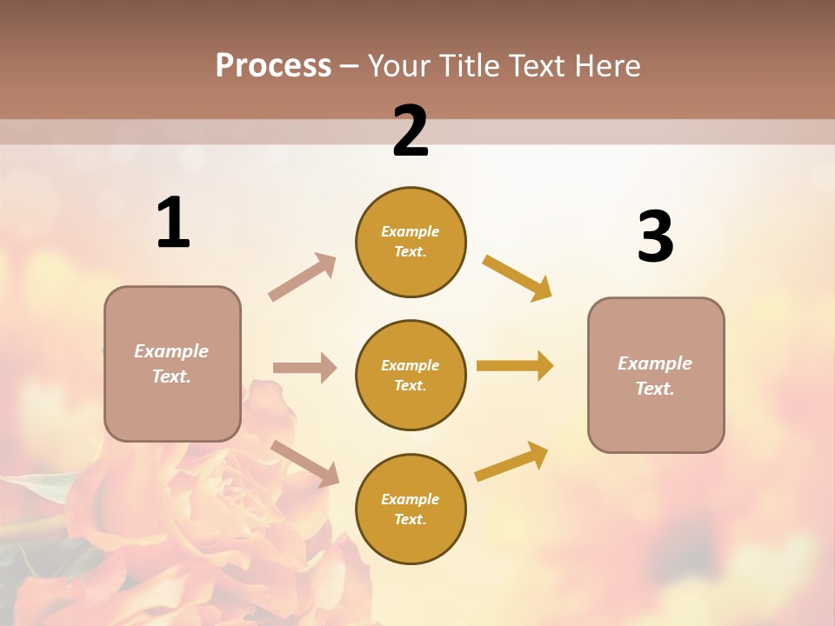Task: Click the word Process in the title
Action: (x=273, y=65)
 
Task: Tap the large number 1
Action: (x=173, y=223)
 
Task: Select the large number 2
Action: (x=411, y=131)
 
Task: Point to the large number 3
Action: (x=655, y=236)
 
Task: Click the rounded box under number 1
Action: (x=172, y=363)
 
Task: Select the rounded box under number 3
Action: (x=656, y=375)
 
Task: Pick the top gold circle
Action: (x=411, y=242)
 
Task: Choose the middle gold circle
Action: (x=411, y=375)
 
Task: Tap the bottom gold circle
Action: (x=411, y=509)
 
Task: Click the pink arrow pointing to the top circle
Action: (x=303, y=276)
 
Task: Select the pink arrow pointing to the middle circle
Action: (x=304, y=368)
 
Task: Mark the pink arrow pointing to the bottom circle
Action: (x=305, y=463)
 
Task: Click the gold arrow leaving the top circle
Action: (x=517, y=277)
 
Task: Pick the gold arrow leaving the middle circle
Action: (x=514, y=365)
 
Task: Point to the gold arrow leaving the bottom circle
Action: (x=511, y=461)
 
